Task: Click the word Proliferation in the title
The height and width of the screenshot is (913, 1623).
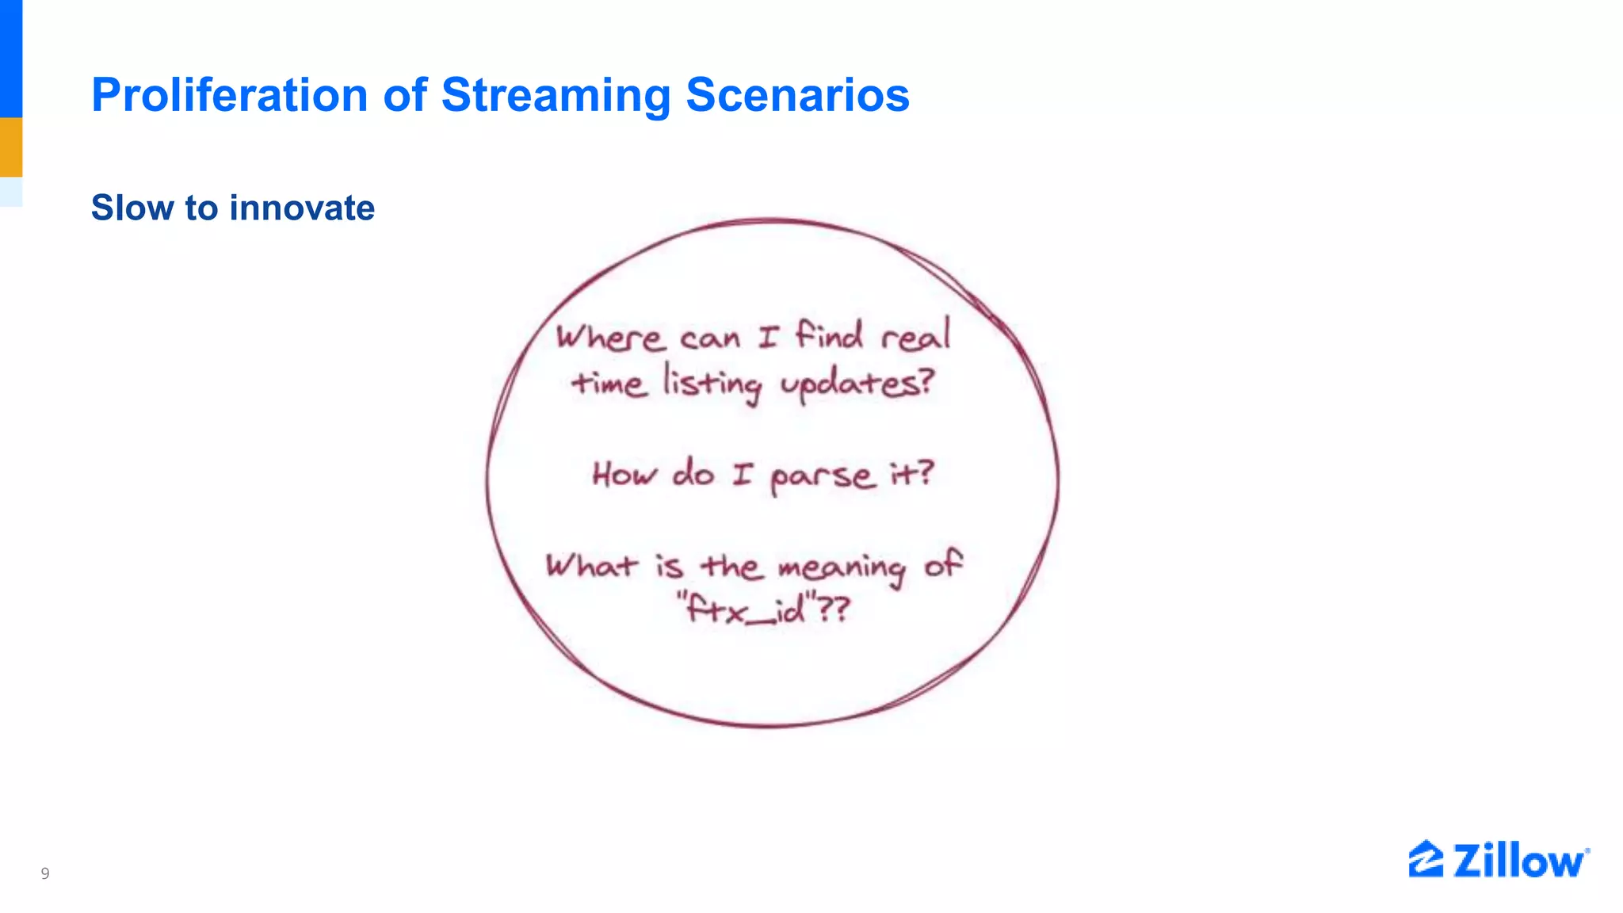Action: click(x=230, y=95)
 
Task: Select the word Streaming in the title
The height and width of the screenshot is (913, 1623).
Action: click(x=556, y=95)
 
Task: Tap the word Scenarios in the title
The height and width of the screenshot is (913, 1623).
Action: click(x=797, y=95)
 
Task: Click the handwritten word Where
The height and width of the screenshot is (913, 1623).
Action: click(x=610, y=338)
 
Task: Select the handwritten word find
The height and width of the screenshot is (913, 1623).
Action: click(x=829, y=334)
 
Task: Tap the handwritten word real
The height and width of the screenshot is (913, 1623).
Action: click(x=916, y=336)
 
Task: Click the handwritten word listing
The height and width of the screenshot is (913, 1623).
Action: click(x=712, y=384)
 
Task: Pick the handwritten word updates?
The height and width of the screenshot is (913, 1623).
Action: click(x=857, y=385)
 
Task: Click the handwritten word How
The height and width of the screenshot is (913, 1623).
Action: click(x=624, y=474)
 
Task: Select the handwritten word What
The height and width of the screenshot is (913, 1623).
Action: click(x=591, y=566)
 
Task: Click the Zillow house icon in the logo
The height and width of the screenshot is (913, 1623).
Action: click(x=1425, y=859)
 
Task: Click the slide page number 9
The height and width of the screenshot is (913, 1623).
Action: click(x=45, y=873)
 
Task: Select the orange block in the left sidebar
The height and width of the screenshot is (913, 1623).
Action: click(x=11, y=147)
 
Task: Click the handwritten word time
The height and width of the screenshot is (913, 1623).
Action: click(x=609, y=384)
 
